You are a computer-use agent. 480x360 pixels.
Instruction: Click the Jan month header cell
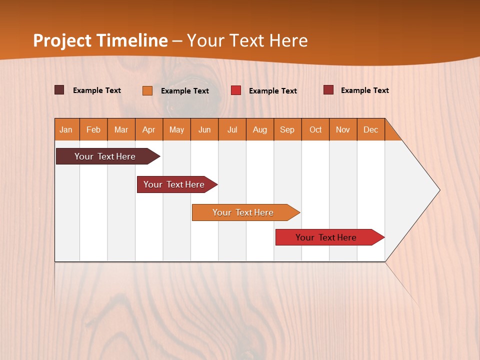coord(66,129)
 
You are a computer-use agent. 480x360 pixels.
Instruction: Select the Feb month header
coord(93,129)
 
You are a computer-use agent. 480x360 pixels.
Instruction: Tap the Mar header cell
coord(121,129)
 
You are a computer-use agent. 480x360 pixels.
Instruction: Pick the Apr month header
coord(149,129)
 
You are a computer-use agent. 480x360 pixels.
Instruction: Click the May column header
coord(176,129)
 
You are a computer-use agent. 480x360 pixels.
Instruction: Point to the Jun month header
coord(204,129)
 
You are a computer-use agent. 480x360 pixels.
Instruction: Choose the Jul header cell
coord(232,129)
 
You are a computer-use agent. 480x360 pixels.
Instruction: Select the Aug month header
coord(260,129)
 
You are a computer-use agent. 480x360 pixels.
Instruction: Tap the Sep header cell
coord(287,129)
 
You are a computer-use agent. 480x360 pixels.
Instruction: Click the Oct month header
coord(315,129)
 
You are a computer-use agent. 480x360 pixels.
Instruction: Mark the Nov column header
coord(343,129)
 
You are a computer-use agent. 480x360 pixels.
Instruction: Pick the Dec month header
coord(371,129)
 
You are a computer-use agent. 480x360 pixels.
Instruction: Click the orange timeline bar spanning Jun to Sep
coord(243,212)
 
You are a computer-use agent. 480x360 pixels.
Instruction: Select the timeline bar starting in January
coord(105,156)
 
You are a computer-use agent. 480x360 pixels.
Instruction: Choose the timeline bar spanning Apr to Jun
coord(174,184)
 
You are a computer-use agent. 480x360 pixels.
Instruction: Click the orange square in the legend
coord(147,90)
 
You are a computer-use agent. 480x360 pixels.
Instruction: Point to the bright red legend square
coord(236,90)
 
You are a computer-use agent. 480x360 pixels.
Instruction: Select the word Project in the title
coord(62,40)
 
